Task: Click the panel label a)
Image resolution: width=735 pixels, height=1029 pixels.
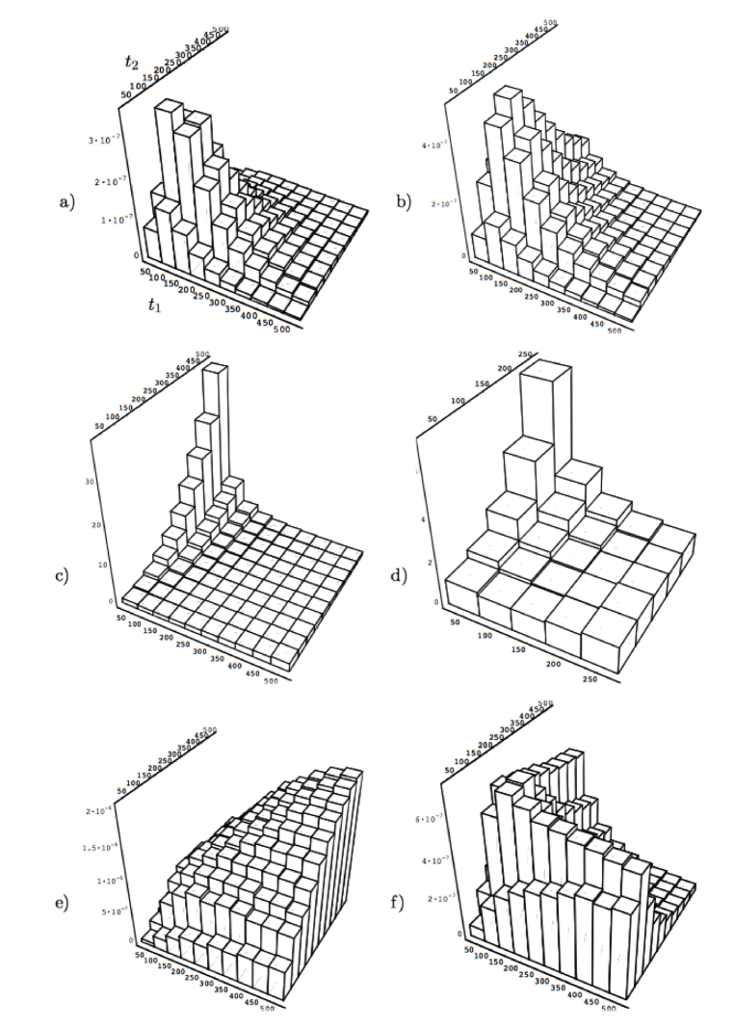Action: (x=66, y=203)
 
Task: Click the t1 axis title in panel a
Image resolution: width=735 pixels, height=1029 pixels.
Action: (x=144, y=305)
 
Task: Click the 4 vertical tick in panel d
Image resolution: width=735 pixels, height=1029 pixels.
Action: (x=434, y=518)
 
